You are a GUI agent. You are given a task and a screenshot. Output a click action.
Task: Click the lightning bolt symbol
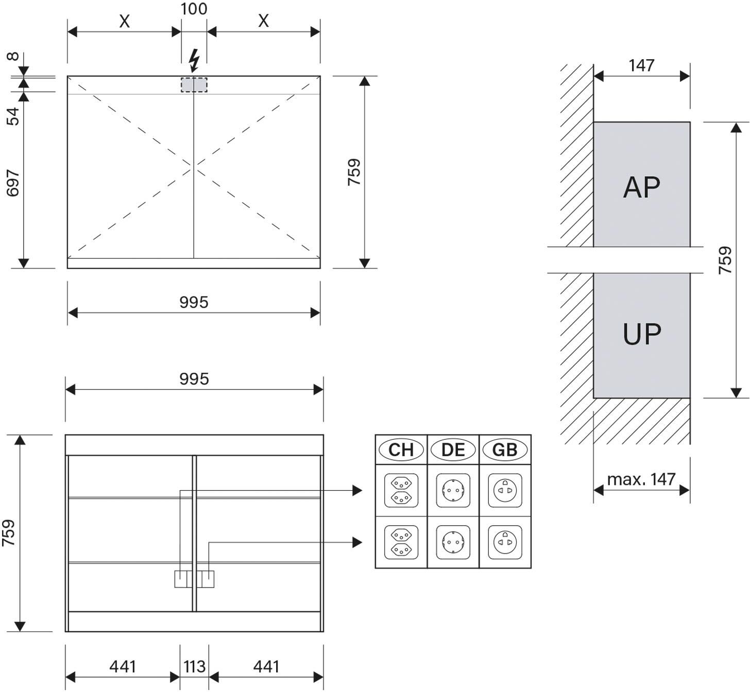(x=194, y=60)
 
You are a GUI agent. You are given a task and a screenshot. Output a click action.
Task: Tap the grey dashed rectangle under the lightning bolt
(x=194, y=84)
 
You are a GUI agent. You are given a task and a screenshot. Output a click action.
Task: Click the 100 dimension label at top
(x=194, y=9)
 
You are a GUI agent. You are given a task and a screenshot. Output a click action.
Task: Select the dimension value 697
(x=13, y=183)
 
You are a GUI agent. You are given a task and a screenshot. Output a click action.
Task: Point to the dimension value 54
(x=13, y=116)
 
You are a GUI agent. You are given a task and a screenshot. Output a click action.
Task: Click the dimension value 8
(x=13, y=57)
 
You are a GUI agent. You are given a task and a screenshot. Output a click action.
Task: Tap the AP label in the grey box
(x=642, y=187)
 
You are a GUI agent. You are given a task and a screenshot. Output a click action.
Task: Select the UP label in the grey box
(x=642, y=334)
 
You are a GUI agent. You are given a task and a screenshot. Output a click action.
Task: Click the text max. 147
(x=641, y=479)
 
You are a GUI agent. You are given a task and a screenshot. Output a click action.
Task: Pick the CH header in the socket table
(x=401, y=449)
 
